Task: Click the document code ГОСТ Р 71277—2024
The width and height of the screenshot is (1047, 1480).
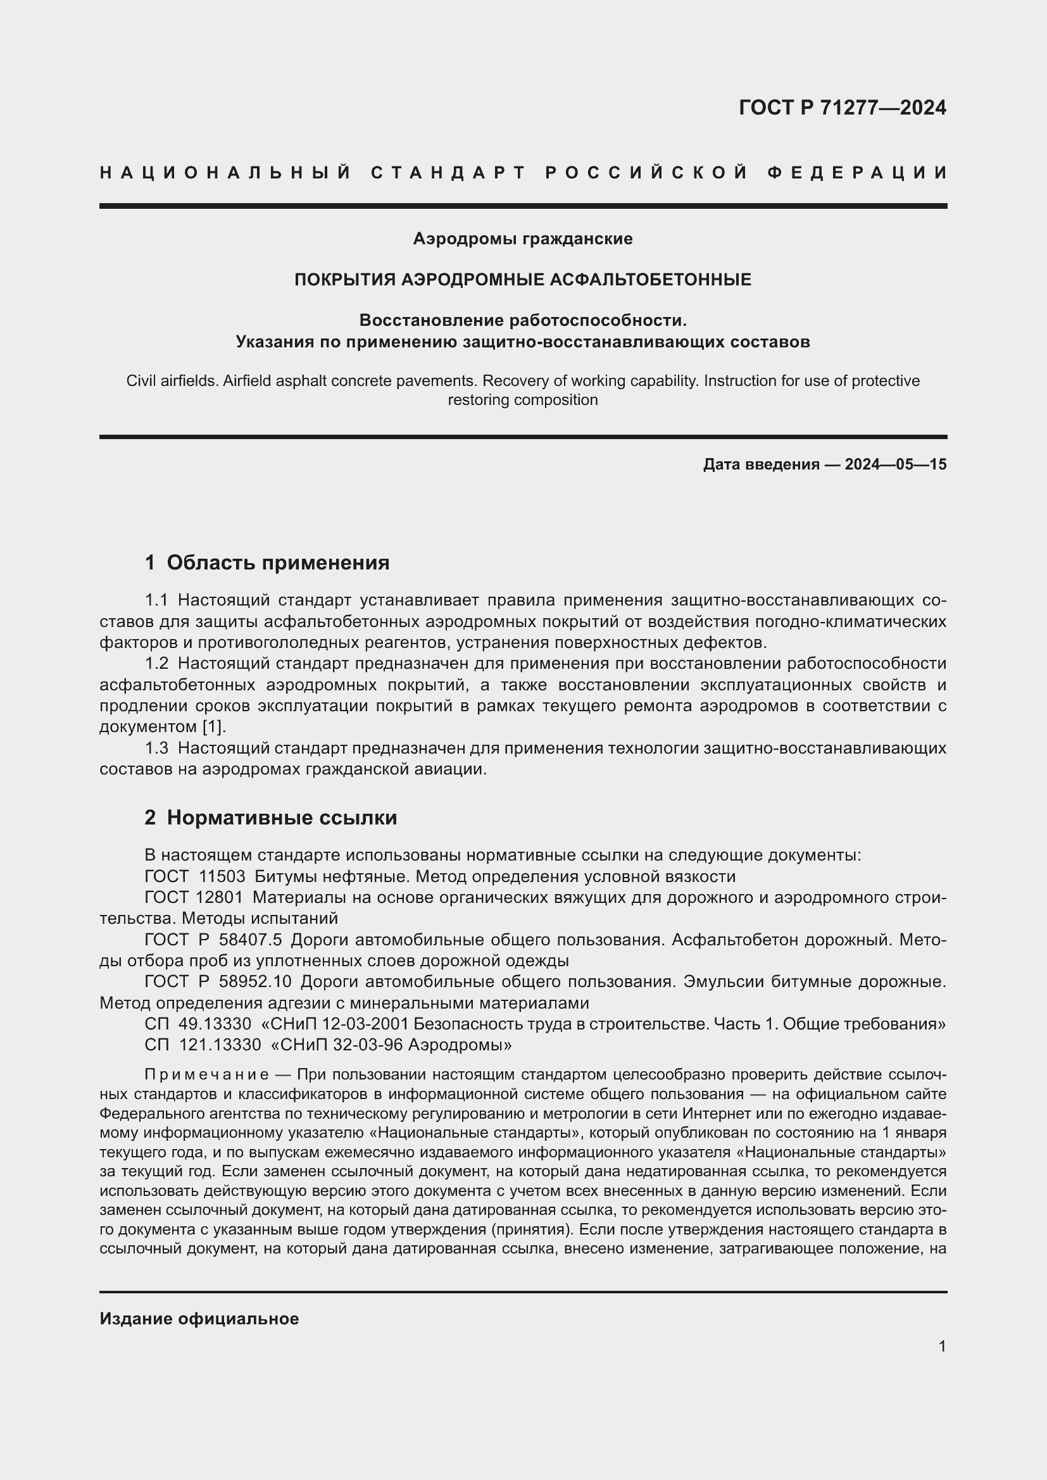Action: click(x=842, y=108)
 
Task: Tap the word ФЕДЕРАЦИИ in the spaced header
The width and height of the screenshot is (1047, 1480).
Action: click(x=857, y=173)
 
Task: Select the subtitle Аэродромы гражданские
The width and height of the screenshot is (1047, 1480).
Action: click(x=522, y=239)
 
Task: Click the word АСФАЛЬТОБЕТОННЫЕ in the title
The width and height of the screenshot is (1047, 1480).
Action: click(x=651, y=280)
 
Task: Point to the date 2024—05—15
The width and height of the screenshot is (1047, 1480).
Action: click(x=896, y=464)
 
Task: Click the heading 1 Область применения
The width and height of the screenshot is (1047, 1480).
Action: click(x=267, y=563)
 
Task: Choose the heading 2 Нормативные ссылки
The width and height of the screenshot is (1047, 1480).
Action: click(x=271, y=818)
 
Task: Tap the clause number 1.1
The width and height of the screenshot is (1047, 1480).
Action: click(x=156, y=600)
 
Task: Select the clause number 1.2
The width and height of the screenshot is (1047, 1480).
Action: click(x=156, y=663)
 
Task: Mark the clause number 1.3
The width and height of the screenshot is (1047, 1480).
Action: click(x=156, y=748)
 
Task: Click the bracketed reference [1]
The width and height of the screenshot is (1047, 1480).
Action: click(x=213, y=726)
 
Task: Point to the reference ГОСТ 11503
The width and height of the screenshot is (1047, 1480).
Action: click(x=195, y=876)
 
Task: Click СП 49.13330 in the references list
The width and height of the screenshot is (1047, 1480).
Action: click(x=197, y=1024)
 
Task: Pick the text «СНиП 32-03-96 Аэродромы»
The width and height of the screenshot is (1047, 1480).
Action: click(x=391, y=1045)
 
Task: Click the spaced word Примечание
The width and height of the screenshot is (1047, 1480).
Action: click(x=207, y=1074)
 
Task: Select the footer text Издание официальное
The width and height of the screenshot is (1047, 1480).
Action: click(x=199, y=1318)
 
